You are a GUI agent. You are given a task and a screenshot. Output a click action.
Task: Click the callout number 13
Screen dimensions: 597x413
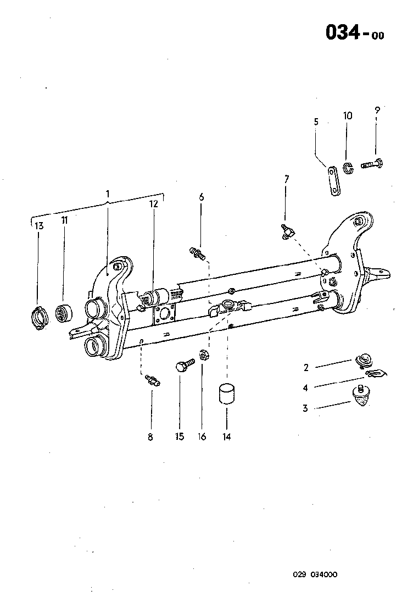click(38, 225)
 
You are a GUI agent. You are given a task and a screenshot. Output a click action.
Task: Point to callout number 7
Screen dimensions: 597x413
click(286, 179)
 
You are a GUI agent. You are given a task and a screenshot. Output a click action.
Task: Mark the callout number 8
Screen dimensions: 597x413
click(150, 437)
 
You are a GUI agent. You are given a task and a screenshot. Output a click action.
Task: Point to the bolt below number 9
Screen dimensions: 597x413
click(373, 163)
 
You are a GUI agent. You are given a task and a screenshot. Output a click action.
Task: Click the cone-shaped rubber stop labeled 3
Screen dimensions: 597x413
click(360, 396)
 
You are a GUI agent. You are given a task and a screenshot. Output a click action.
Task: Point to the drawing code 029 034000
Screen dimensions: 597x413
click(315, 574)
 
